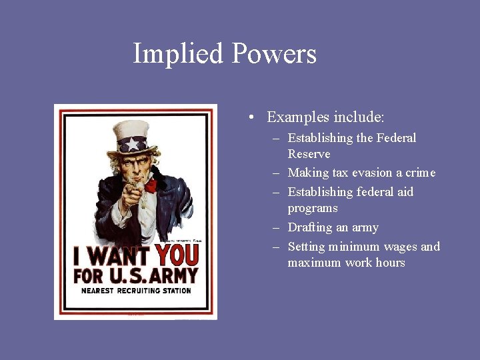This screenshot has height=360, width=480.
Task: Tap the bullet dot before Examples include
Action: coord(248,118)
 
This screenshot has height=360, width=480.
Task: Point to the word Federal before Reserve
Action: coord(396,138)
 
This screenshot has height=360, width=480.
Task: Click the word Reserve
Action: coord(309,154)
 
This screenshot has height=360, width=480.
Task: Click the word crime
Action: coord(419,173)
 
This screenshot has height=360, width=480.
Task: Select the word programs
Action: coord(313,208)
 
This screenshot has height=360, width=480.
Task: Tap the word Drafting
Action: coord(309,227)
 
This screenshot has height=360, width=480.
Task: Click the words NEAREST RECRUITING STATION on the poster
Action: coord(136,291)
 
